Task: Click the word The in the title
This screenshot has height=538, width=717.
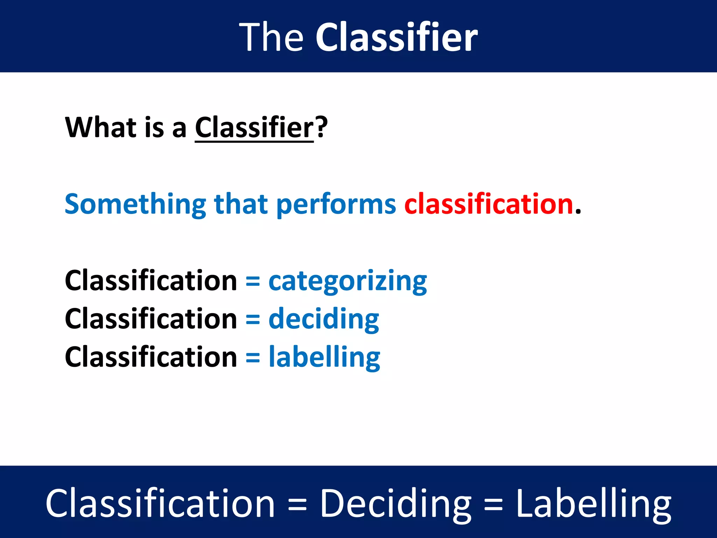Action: click(271, 37)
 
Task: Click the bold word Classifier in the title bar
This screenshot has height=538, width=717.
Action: click(396, 37)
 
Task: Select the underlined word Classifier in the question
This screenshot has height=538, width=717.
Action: click(254, 128)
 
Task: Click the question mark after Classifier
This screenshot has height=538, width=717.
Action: click(321, 127)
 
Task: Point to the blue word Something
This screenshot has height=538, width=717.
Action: click(135, 204)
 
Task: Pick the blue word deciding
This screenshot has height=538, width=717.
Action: click(323, 319)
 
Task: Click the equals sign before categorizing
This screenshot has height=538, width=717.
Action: click(253, 282)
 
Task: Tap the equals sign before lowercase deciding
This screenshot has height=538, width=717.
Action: click(253, 319)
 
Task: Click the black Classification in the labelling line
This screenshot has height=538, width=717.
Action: click(151, 357)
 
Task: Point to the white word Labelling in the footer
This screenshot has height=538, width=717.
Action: click(593, 504)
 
